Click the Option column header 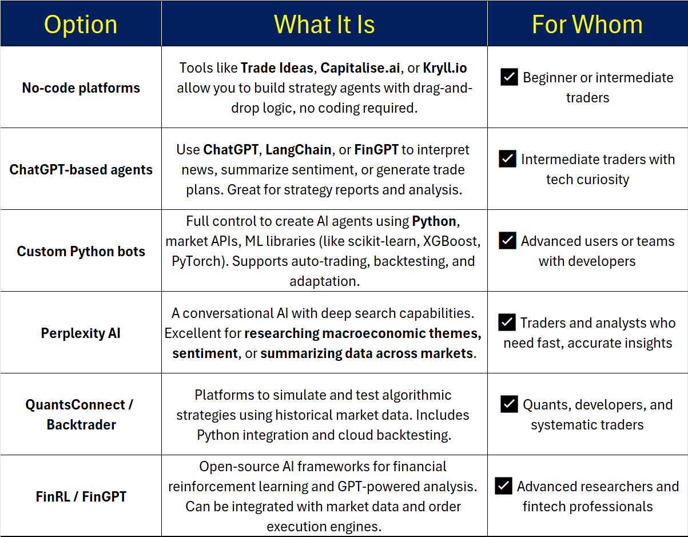point(81,25)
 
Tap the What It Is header point(324,25)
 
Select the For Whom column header point(587,25)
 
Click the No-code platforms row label point(81,88)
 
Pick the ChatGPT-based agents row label point(81,170)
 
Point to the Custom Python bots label point(81,252)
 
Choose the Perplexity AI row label point(81,333)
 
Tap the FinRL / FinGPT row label point(81,496)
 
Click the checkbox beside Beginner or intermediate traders point(509,77)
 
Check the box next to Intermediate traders point(507,158)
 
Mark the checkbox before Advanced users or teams point(507,241)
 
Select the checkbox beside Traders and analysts point(507,323)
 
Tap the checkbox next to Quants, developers point(509,404)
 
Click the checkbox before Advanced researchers point(503,486)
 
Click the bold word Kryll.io point(445,68)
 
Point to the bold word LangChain point(299,150)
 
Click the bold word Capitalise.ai point(360,68)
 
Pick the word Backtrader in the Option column point(81,425)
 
